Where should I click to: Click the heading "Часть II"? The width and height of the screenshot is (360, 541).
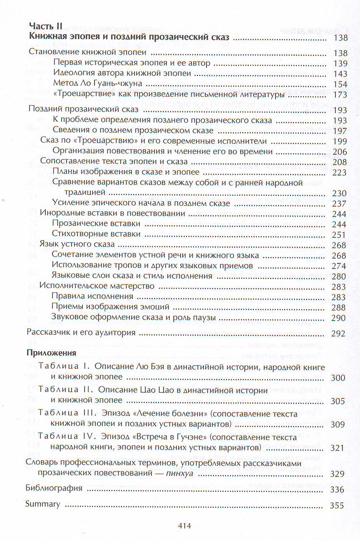(x=44, y=25)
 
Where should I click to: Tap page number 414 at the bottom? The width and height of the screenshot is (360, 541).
(x=184, y=525)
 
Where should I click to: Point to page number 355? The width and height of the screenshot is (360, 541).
(x=337, y=505)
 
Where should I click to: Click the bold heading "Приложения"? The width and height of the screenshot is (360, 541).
(x=51, y=353)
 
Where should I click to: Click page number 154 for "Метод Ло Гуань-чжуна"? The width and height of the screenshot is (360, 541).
(x=340, y=84)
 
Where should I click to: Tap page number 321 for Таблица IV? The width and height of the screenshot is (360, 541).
(x=337, y=448)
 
